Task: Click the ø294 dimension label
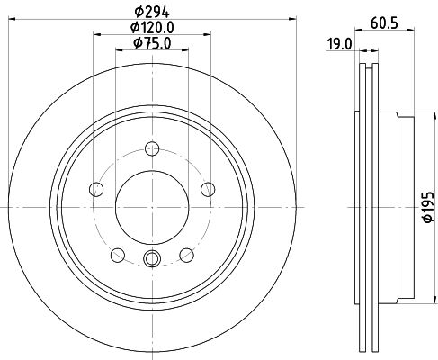pos(150,12)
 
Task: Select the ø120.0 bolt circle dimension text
pos(150,28)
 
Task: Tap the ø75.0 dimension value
pos(150,43)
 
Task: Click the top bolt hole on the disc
pos(151,148)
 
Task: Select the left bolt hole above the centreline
pos(95,189)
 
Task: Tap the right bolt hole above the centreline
pos(208,189)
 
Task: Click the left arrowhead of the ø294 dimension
pos(21,20)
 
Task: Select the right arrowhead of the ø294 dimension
pos(282,20)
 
